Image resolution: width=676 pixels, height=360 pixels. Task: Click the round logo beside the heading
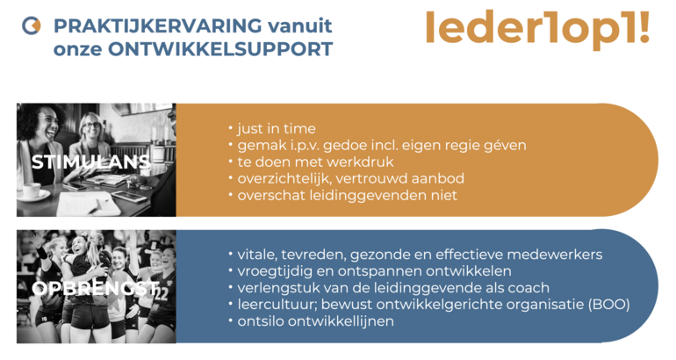pos(31,26)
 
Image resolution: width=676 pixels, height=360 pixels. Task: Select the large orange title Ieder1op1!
pos(537,29)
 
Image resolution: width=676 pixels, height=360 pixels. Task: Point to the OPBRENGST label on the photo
pos(94,289)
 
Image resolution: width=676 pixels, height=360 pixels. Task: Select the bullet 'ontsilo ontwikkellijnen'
pos(314,320)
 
